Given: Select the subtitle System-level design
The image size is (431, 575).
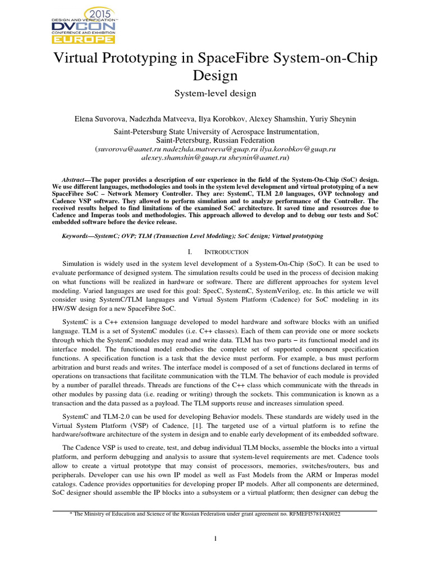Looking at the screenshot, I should pos(215,93).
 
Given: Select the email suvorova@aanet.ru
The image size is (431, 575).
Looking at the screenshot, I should pos(126,149).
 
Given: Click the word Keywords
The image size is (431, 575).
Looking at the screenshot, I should pos(77,236).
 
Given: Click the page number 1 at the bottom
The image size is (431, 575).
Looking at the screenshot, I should pos(215,540).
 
